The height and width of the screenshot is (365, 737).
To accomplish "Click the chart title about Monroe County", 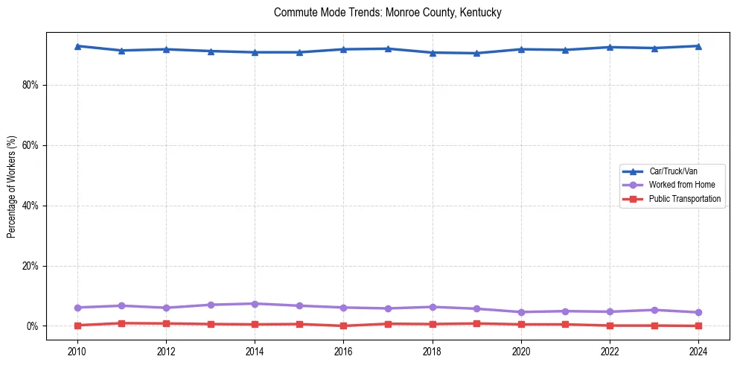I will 387,13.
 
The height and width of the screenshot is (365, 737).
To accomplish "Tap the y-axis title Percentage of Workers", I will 12,187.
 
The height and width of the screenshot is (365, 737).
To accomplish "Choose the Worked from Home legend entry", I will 682,185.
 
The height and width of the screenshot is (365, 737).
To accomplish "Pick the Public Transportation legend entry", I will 684,199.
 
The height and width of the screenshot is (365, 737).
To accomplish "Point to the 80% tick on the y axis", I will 30,85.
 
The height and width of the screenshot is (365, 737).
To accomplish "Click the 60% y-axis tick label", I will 30,145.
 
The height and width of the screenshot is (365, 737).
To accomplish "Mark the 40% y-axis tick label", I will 30,206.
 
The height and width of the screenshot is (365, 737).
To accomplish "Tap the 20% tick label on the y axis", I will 30,266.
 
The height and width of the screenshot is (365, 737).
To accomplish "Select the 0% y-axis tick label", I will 32,326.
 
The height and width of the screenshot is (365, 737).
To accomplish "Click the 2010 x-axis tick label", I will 77,350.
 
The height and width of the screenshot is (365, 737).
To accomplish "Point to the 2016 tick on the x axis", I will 343,350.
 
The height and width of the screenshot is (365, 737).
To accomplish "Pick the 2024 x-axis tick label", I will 698,350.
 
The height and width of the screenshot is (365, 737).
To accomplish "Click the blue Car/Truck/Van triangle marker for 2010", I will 77,46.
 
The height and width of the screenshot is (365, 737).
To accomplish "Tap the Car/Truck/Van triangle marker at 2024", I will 698,46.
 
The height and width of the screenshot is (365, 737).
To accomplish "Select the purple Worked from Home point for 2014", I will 255,304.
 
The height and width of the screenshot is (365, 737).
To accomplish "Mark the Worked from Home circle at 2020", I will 521,312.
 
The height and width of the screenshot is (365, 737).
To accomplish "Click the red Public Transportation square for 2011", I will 121,323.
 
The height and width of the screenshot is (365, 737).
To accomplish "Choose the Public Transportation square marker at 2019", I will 476,323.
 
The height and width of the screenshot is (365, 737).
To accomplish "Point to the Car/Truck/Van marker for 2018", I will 432,53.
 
